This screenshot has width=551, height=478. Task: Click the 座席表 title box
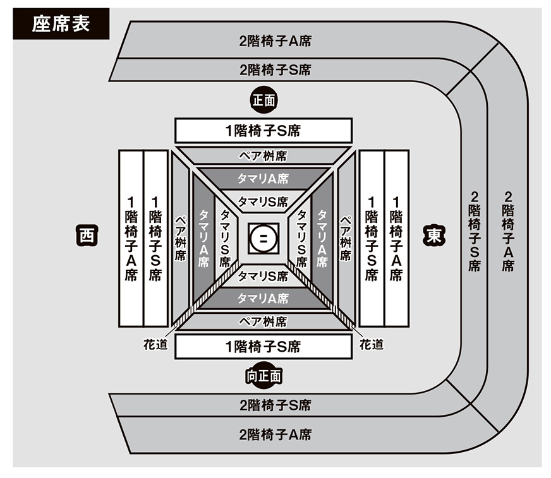coord(61,23)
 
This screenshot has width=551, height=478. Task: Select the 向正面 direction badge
coord(263,376)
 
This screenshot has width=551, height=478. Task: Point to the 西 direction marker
coord(86,235)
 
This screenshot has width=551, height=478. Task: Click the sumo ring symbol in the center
coord(262,238)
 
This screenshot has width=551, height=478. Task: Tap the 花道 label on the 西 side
coord(155,345)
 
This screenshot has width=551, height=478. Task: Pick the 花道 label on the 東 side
coord(371,345)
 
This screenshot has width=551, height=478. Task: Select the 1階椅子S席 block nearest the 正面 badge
coord(263,131)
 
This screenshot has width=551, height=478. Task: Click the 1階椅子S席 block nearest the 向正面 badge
coord(263,347)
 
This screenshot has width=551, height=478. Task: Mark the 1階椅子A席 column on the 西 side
coord(131,238)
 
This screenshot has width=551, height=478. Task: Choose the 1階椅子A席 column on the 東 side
coord(396,238)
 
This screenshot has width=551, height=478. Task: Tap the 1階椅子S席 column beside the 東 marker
coord(371,238)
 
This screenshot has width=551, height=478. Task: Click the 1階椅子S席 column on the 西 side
coord(155,238)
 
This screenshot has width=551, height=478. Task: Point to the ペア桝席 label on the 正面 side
coord(263,155)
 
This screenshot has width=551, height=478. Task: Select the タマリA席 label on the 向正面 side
coord(263,298)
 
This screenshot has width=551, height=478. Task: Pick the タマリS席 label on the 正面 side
coord(263,202)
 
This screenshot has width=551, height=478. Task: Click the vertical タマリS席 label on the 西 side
coord(224,238)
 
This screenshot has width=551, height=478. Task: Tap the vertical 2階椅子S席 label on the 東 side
coord(474,230)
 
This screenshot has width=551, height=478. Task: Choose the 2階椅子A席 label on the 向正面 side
coord(275,434)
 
